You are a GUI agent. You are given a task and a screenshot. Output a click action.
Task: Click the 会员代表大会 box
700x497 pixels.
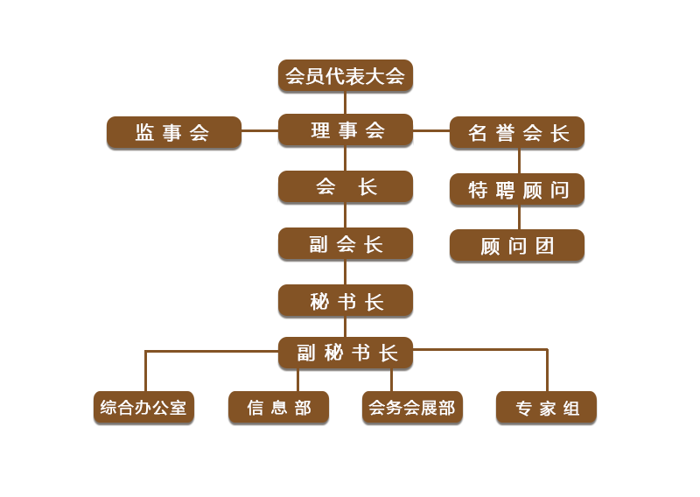pyautogui.click(x=345, y=76)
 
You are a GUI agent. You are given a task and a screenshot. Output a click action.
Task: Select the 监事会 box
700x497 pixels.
pyautogui.click(x=173, y=133)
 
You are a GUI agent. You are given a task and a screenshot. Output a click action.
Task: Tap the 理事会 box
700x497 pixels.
pyautogui.click(x=345, y=130)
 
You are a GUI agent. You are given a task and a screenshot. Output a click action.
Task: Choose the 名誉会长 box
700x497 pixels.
pyautogui.click(x=517, y=133)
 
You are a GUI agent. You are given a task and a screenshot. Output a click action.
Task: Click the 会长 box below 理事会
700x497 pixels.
pyautogui.click(x=345, y=187)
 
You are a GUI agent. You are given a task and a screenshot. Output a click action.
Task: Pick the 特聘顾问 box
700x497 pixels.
pyautogui.click(x=517, y=190)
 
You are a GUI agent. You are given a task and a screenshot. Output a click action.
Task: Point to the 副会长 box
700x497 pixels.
pyautogui.click(x=345, y=244)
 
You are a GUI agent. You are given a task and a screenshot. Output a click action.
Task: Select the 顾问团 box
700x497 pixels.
pyautogui.click(x=517, y=246)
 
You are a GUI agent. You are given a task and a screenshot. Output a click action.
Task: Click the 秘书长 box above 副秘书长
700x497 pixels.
pyautogui.click(x=345, y=301)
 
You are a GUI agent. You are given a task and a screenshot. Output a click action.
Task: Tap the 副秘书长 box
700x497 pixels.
pyautogui.click(x=345, y=353)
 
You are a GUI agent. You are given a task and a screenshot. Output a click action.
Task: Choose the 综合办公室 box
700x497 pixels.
pyautogui.click(x=143, y=408)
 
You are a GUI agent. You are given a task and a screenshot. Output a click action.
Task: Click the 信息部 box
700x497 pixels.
pyautogui.click(x=278, y=408)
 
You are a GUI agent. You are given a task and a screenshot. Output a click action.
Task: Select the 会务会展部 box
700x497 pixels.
pyautogui.click(x=412, y=408)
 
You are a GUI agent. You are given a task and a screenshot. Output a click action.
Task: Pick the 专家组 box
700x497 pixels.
pyautogui.click(x=546, y=408)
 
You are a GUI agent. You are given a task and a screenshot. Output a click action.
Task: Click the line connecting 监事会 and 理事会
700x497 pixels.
pyautogui.click(x=259, y=130)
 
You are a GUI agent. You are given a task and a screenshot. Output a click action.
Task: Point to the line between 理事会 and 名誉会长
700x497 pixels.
pyautogui.click(x=430, y=130)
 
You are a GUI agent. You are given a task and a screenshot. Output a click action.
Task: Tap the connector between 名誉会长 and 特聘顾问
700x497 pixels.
pyautogui.click(x=519, y=161)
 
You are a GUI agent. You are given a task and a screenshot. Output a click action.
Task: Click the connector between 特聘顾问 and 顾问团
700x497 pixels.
pyautogui.click(x=519, y=218)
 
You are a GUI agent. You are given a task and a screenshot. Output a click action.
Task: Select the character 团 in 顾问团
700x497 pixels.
pyautogui.click(x=545, y=246)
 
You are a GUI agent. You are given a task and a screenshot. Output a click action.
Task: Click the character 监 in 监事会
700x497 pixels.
pyautogui.click(x=145, y=133)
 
